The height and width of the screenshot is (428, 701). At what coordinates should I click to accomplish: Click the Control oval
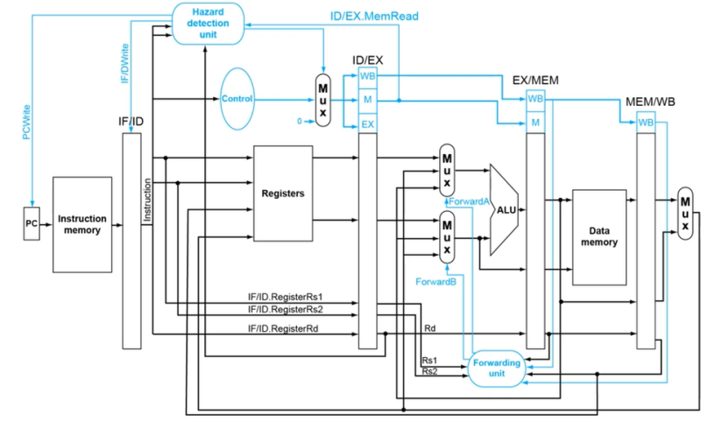237,98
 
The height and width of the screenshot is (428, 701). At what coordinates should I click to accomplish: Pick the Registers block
283,193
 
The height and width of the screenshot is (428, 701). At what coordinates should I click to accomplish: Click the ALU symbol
504,210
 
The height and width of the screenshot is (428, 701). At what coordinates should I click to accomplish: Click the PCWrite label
15,122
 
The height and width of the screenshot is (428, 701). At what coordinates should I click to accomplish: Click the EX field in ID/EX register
368,125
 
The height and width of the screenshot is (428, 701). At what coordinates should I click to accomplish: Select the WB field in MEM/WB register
646,123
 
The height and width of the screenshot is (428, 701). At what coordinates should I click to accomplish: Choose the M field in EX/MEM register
534,123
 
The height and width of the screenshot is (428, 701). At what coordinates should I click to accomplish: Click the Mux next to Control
322,99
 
